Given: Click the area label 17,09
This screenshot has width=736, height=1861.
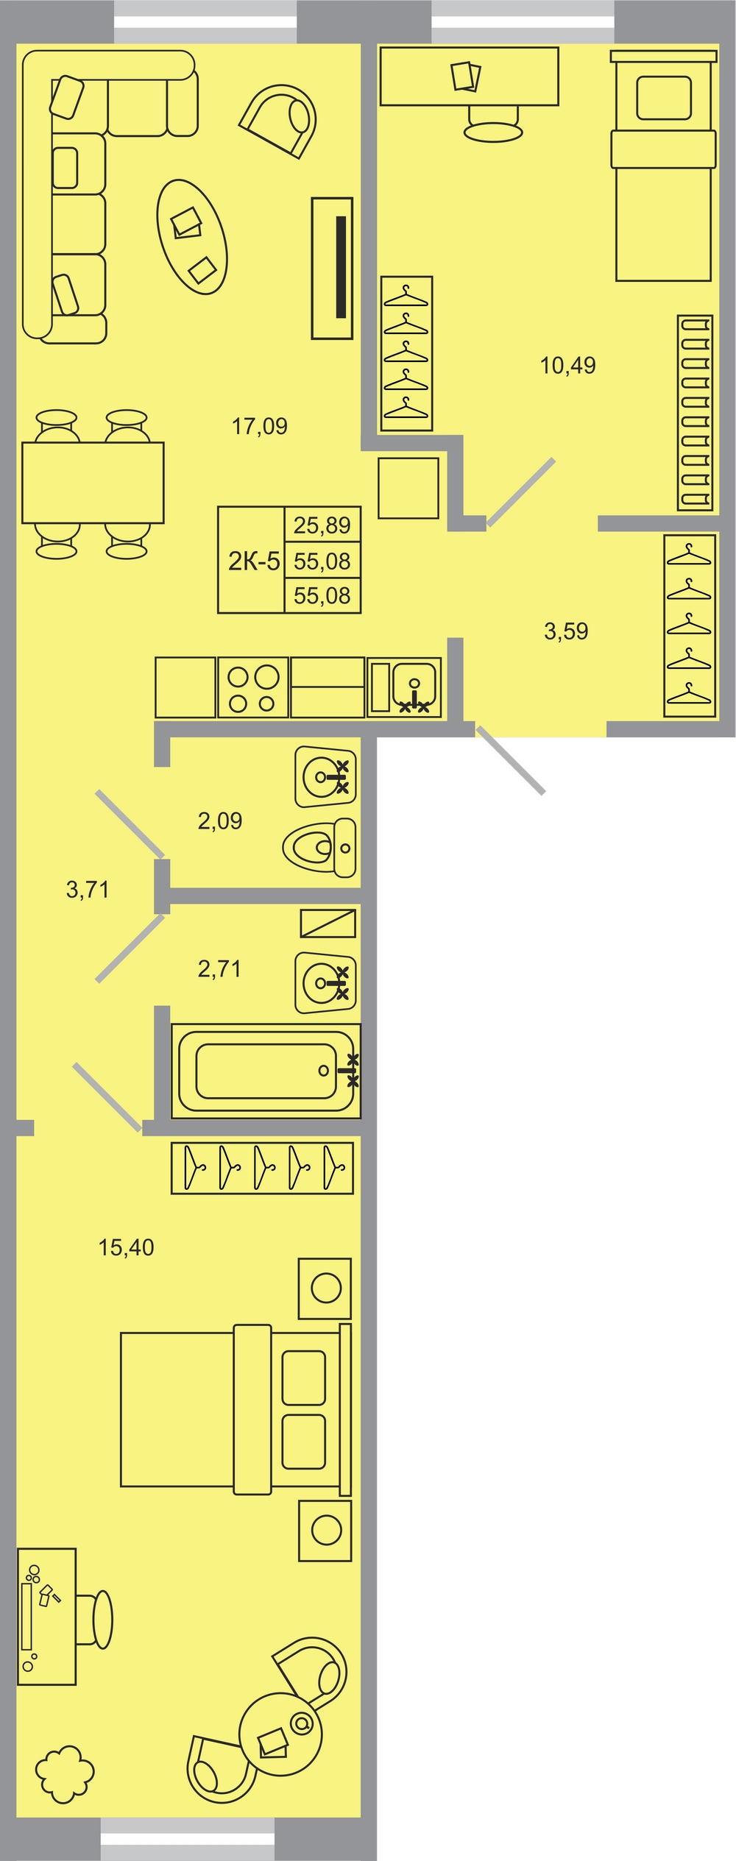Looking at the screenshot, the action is coord(260,426).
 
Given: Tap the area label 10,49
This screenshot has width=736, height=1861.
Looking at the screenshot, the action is coord(568,365).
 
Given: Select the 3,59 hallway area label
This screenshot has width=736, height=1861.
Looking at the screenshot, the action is coord(566,631).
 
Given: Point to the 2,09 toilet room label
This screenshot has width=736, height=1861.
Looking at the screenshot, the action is coord(219,820).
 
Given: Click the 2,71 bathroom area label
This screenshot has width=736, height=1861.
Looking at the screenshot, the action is coord(219,969).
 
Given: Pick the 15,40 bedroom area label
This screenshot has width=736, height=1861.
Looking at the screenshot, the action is coord(127,1247).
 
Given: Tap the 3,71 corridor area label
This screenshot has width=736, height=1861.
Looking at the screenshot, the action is coord(88,890).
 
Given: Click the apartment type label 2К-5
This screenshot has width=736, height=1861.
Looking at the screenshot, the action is coord(254,561).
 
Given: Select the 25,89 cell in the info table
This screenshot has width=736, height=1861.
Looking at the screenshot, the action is coord(322,525).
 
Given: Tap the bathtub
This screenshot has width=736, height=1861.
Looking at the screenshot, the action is coord(266,1071).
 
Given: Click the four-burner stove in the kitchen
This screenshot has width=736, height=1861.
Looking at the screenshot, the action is coord(253,687).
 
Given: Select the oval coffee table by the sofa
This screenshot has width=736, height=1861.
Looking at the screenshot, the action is coord(191,237).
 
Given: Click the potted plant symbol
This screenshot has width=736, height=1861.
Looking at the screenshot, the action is coord(65,1774).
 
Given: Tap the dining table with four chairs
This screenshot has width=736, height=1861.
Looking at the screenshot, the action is coord(93,483).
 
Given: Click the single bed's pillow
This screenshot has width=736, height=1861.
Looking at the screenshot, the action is coord(664,98).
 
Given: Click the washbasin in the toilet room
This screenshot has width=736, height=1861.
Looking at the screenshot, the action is coord(325,776).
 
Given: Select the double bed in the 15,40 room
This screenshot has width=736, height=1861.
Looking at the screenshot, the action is coord(236,1408).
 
